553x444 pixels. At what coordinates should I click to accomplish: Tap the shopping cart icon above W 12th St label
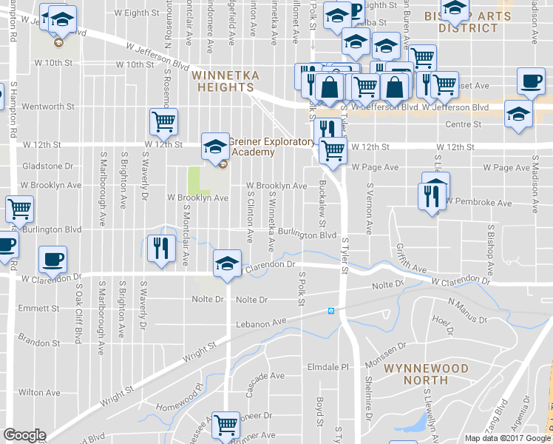163,121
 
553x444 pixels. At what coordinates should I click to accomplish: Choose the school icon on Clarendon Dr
227,263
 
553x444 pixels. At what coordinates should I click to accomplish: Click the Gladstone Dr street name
48,166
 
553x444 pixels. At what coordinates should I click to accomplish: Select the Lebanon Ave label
260,323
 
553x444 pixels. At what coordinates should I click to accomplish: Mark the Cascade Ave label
266,376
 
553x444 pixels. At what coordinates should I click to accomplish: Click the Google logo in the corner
24,436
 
